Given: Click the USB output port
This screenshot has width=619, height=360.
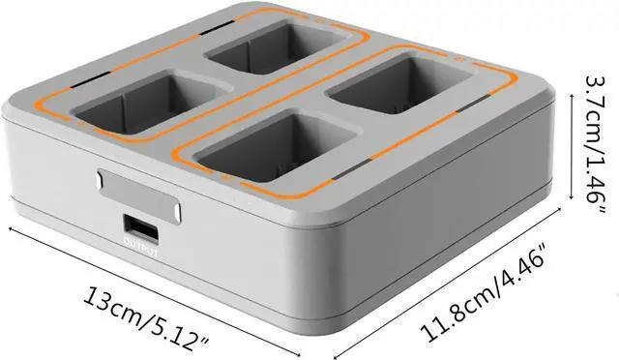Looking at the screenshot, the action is pyautogui.click(x=141, y=228).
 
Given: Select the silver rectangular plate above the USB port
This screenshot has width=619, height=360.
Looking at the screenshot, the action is pyautogui.click(x=138, y=195).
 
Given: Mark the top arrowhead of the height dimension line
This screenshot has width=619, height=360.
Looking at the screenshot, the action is pyautogui.click(x=572, y=96).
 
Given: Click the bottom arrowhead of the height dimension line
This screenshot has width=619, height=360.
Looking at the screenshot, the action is pyautogui.click(x=572, y=197).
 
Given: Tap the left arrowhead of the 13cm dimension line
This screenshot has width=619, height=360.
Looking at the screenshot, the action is pyautogui.click(x=12, y=229).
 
